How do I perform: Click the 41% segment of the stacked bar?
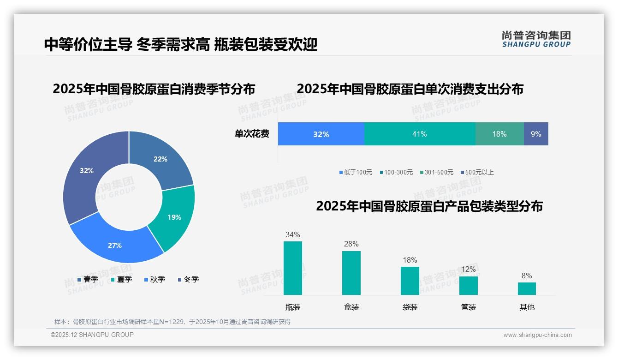pyautogui.click(x=419, y=134)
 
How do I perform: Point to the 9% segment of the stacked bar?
pyautogui.click(x=536, y=134)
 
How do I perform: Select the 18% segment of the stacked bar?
pyautogui.click(x=499, y=134)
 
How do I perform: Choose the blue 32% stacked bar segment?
pyautogui.click(x=321, y=134)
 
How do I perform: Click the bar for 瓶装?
pyautogui.click(x=293, y=268)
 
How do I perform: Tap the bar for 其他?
pyautogui.click(x=527, y=288)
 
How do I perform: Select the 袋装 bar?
pyautogui.click(x=410, y=281)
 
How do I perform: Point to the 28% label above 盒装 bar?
pyautogui.click(x=351, y=244)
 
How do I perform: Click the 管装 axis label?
pyautogui.click(x=469, y=307)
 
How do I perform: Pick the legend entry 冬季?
pyautogui.click(x=189, y=279)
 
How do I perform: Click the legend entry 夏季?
pyautogui.click(x=122, y=279)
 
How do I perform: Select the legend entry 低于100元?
pyautogui.click(x=356, y=172)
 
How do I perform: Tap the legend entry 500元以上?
pyautogui.click(x=477, y=172)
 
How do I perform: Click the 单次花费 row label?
pyautogui.click(x=252, y=134)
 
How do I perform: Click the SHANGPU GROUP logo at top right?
pyautogui.click(x=536, y=39)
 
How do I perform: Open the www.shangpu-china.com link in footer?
pyautogui.click(x=537, y=335)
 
